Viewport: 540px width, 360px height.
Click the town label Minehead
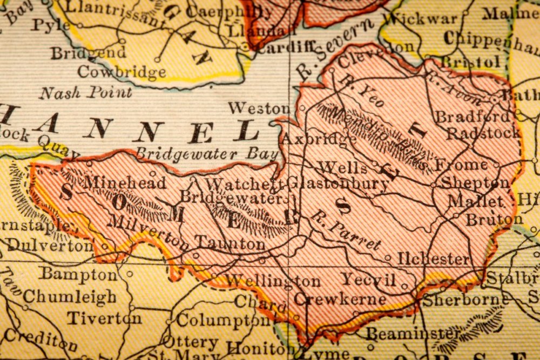click(124, 183)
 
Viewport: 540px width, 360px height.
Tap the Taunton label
click(230, 243)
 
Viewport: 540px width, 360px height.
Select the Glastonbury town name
click(338, 184)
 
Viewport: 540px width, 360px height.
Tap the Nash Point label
click(85, 93)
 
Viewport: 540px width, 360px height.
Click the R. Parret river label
click(345, 232)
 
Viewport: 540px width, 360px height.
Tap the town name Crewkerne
click(340, 299)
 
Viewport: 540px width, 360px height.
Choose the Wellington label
click(272, 281)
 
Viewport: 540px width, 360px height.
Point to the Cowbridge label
click(122, 72)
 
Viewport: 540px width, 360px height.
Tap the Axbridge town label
click(319, 139)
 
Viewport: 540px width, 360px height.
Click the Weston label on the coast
click(259, 108)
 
